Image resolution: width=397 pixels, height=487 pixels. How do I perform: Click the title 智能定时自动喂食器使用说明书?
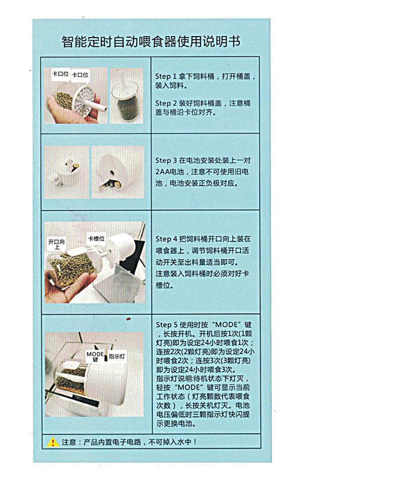pyautogui.click(x=151, y=41)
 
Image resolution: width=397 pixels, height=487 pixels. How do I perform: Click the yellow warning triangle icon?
pyautogui.click(x=53, y=442)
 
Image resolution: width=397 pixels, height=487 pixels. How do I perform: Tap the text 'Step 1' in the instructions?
pyautogui.click(x=166, y=76)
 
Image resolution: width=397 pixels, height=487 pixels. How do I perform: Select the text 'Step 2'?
pyautogui.click(x=166, y=103)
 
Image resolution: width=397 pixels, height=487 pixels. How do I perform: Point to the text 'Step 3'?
pyautogui.click(x=166, y=161)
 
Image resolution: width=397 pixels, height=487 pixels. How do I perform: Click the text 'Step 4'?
pyautogui.click(x=166, y=239)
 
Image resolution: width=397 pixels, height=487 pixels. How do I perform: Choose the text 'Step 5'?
pyautogui.click(x=167, y=325)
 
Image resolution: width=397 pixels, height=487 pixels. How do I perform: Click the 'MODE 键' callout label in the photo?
pyautogui.click(x=95, y=356)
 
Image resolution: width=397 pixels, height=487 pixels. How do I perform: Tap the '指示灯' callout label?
pyautogui.click(x=117, y=356)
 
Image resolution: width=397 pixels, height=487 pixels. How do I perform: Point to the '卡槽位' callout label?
pyautogui.click(x=96, y=238)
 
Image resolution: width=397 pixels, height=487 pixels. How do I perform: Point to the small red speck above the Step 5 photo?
pyautogui.click(x=128, y=319)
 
